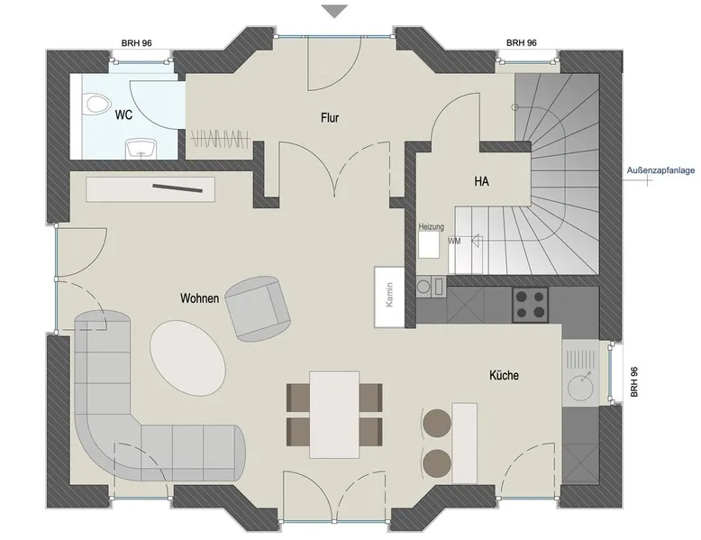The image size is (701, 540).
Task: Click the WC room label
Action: pos(123,114)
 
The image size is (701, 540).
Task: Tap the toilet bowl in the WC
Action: pos(98,104)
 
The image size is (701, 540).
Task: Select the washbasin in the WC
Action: pos(141,149)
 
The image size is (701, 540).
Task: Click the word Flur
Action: pos(330,118)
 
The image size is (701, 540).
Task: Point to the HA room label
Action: pos(481,181)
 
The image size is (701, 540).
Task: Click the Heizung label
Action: pos(432,227)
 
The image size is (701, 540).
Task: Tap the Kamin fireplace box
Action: pos(389,297)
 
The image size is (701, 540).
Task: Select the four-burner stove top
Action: pos(530,304)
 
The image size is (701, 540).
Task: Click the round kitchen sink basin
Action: pos(581,386)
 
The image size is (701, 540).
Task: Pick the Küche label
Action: pos(504,375)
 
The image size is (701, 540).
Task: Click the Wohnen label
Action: pos(199,298)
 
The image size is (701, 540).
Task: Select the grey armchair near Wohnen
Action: pos(258,308)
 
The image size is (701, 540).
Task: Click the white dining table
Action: pos(334,415)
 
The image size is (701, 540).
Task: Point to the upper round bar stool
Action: pos(437,423)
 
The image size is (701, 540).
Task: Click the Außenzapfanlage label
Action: pos(660,170)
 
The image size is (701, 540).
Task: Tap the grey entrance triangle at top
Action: pos(335,11)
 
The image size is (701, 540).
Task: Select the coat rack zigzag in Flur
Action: pos(220,138)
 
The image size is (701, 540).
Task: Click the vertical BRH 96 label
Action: pos(633,381)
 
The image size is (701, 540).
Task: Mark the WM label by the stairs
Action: pos(455,241)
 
